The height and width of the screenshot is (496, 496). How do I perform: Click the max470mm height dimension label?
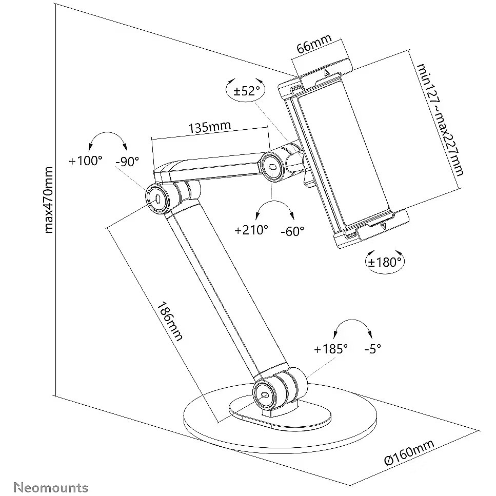pos(49,200)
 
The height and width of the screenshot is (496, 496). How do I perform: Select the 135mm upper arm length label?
pos(209,127)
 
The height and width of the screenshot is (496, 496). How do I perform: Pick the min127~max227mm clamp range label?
pos(440,120)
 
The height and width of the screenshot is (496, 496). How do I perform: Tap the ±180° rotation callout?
pos(385,262)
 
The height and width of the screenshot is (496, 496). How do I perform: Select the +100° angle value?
pos(86,161)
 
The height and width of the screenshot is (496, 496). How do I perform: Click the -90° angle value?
pos(127,161)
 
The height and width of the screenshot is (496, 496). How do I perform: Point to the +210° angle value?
pos(251,230)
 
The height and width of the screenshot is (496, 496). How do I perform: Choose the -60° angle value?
pos(292,231)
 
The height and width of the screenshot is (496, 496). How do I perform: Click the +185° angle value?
pos(331,349)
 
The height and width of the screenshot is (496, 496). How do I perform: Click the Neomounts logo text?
pos(51,487)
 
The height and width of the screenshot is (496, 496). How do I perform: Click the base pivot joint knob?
pos(265,394)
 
